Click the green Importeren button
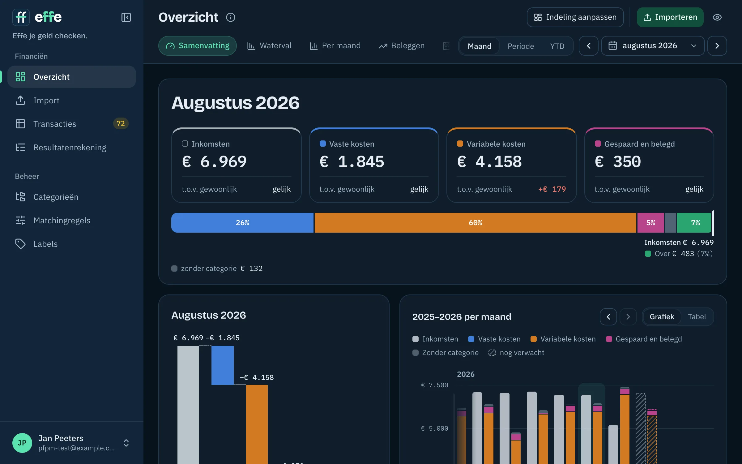point(670,17)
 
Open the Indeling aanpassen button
point(575,17)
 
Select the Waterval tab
point(269,46)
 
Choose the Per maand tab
point(335,46)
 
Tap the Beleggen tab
point(402,46)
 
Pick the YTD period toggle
point(557,46)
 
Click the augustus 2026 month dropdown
point(653,46)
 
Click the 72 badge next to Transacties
point(121,123)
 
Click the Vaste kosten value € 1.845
point(352,161)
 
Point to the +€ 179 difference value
point(552,189)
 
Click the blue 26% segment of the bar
point(242,223)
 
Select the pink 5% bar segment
point(650,223)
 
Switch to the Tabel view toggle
point(697,317)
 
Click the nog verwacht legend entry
point(516,353)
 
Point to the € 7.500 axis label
point(434,385)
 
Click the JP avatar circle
point(22,443)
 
